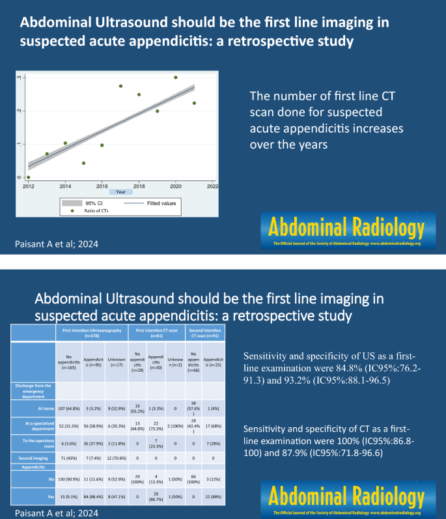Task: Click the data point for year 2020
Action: click(x=176, y=77)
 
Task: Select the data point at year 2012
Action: click(x=28, y=177)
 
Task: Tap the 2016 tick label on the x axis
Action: click(x=102, y=186)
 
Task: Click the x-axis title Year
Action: click(x=120, y=192)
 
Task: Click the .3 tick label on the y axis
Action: click(x=19, y=77)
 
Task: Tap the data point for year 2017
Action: click(x=120, y=86)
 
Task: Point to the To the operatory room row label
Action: click(x=36, y=443)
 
